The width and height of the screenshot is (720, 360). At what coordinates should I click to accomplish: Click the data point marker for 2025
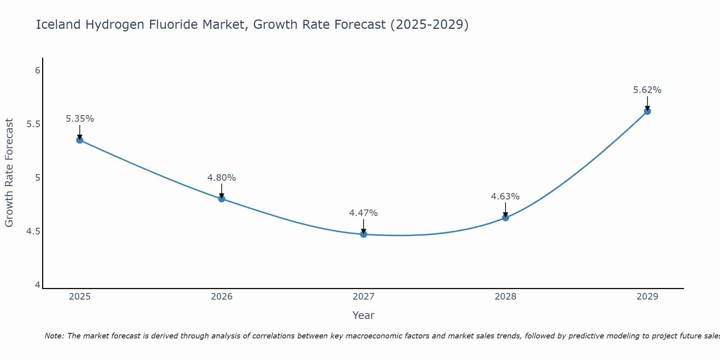tap(80, 140)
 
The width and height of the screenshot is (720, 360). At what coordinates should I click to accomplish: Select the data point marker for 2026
tap(221, 199)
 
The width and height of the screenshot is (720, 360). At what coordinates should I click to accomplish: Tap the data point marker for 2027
tap(364, 234)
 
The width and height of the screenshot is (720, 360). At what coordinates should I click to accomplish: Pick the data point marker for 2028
tap(505, 217)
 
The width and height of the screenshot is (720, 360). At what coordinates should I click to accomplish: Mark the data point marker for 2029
tap(647, 111)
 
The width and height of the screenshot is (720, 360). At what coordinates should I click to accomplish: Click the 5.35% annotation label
tap(80, 119)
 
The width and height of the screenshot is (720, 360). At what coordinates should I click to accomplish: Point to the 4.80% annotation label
tap(221, 178)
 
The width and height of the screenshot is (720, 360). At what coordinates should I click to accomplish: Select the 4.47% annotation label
tap(364, 213)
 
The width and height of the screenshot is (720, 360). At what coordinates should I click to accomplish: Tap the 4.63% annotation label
tap(505, 197)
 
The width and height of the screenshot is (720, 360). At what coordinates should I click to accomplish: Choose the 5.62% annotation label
tap(647, 90)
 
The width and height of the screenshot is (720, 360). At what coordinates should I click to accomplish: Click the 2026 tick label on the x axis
tap(221, 297)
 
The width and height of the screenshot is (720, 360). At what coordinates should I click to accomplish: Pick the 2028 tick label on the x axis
tap(505, 297)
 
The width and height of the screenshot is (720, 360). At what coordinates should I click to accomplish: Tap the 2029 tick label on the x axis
tap(647, 297)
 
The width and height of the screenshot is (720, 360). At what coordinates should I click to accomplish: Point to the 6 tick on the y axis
tap(38, 70)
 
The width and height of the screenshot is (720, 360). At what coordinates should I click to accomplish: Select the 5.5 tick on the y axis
tap(33, 124)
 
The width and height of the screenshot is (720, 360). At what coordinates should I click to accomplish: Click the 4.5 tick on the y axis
tap(33, 231)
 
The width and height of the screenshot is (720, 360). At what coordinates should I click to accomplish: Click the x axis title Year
tap(364, 315)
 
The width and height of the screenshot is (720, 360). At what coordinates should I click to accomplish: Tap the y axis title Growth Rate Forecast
tap(9, 173)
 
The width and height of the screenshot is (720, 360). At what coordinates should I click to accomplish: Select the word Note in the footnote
tap(54, 336)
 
